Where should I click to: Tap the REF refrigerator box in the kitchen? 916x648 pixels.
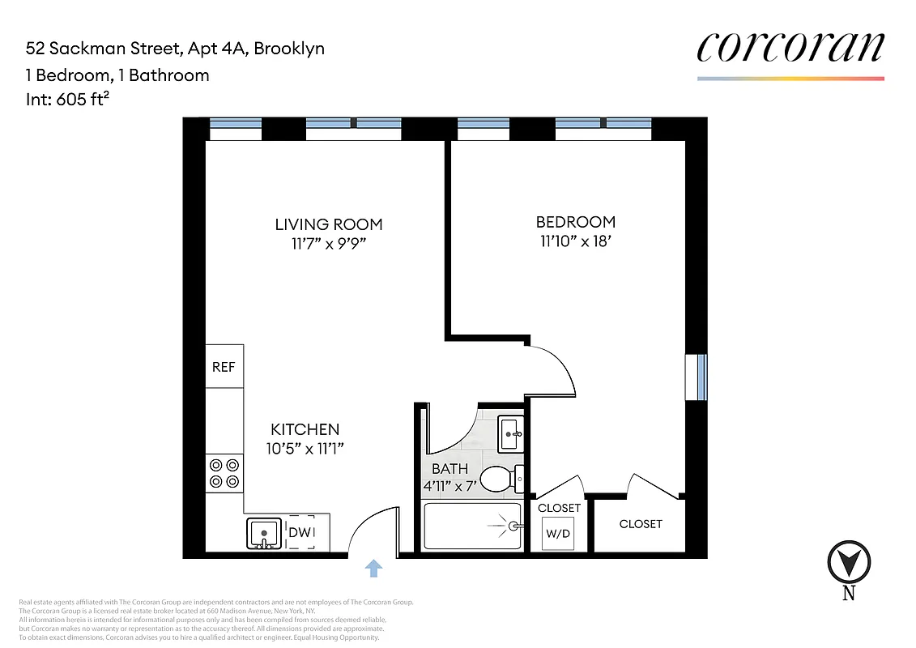pos(224,367)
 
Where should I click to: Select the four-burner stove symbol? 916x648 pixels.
pos(224,473)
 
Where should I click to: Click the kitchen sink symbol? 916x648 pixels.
pos(264,534)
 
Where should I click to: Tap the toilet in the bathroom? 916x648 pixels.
pos(499,480)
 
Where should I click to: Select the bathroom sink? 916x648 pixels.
pos(511,433)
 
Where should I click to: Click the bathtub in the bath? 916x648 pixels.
pos(471,526)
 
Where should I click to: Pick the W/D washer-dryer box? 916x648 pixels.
pos(558,533)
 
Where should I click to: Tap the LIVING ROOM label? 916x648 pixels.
pos(328,224)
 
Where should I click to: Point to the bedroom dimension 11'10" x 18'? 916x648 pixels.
pos(576,241)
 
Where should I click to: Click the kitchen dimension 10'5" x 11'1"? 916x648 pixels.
pos(305,448)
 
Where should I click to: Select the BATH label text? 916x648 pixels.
pos(449,468)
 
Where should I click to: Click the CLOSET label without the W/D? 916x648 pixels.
pos(641,524)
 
